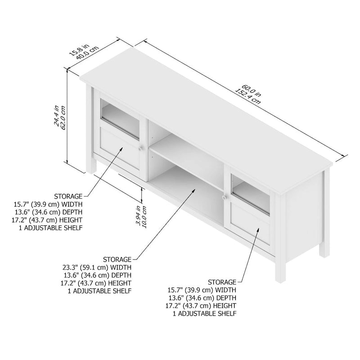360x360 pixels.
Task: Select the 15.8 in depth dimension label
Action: (x=77, y=47)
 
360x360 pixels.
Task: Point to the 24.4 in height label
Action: (x=56, y=116)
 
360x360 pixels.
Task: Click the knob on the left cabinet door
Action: (x=141, y=148)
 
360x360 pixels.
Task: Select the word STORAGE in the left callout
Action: (x=68, y=197)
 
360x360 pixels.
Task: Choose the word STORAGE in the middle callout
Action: (x=117, y=260)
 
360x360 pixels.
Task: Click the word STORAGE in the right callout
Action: (x=222, y=282)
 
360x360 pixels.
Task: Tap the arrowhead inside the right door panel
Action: (x=259, y=230)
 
